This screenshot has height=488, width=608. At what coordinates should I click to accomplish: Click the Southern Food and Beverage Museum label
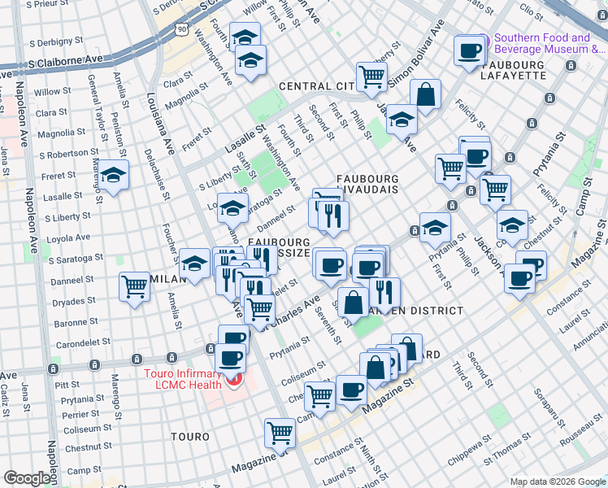tap(547, 43)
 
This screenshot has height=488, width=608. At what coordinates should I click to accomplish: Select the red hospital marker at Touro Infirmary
tap(236, 380)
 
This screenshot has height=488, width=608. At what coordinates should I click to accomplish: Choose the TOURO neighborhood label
tap(190, 437)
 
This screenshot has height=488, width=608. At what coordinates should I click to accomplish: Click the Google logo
tap(26, 478)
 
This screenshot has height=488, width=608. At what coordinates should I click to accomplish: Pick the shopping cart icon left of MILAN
tap(134, 286)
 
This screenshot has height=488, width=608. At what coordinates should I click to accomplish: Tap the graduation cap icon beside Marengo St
tap(114, 175)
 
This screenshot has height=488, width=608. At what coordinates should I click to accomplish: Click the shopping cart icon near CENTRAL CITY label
tap(371, 76)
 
